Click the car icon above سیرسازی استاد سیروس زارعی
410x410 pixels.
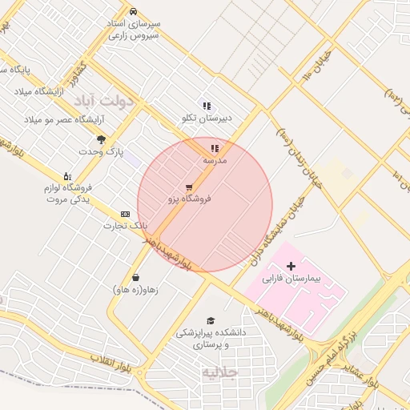tap(133, 11)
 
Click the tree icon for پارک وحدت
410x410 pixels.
tap(100, 139)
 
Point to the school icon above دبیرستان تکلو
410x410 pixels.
tap(207, 105)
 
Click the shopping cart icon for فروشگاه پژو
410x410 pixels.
tap(189, 187)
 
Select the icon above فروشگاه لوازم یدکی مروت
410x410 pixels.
tap(67, 175)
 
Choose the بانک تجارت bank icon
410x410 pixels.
tap(125, 214)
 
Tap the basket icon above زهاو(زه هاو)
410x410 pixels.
tap(136, 277)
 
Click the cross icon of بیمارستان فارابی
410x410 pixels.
tap(291, 265)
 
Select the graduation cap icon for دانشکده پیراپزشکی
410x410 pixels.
tap(211, 320)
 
